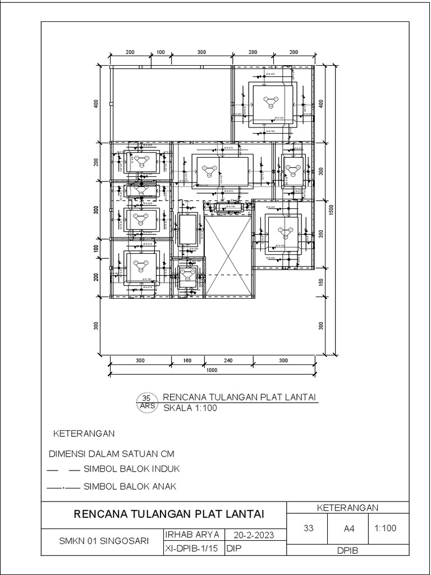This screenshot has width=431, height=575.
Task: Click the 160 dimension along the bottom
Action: point(187,360)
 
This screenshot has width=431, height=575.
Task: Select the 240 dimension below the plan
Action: point(228,360)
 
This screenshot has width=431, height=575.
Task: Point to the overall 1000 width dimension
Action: point(211,370)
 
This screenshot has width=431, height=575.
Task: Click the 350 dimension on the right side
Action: point(320,234)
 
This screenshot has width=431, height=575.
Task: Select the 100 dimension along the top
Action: point(161,52)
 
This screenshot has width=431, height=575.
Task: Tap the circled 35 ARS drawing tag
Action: point(148,402)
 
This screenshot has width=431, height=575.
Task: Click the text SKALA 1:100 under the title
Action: point(190,408)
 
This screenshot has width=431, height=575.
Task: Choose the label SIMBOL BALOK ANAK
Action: point(130,487)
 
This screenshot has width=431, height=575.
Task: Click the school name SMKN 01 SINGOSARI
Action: point(104,542)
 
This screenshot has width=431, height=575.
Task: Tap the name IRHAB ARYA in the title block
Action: point(193,535)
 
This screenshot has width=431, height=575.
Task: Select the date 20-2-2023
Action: point(255,535)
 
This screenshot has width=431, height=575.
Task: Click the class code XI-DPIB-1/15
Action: point(193,549)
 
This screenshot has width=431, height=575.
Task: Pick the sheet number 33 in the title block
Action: point(308,528)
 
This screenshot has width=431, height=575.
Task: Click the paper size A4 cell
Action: point(349,528)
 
